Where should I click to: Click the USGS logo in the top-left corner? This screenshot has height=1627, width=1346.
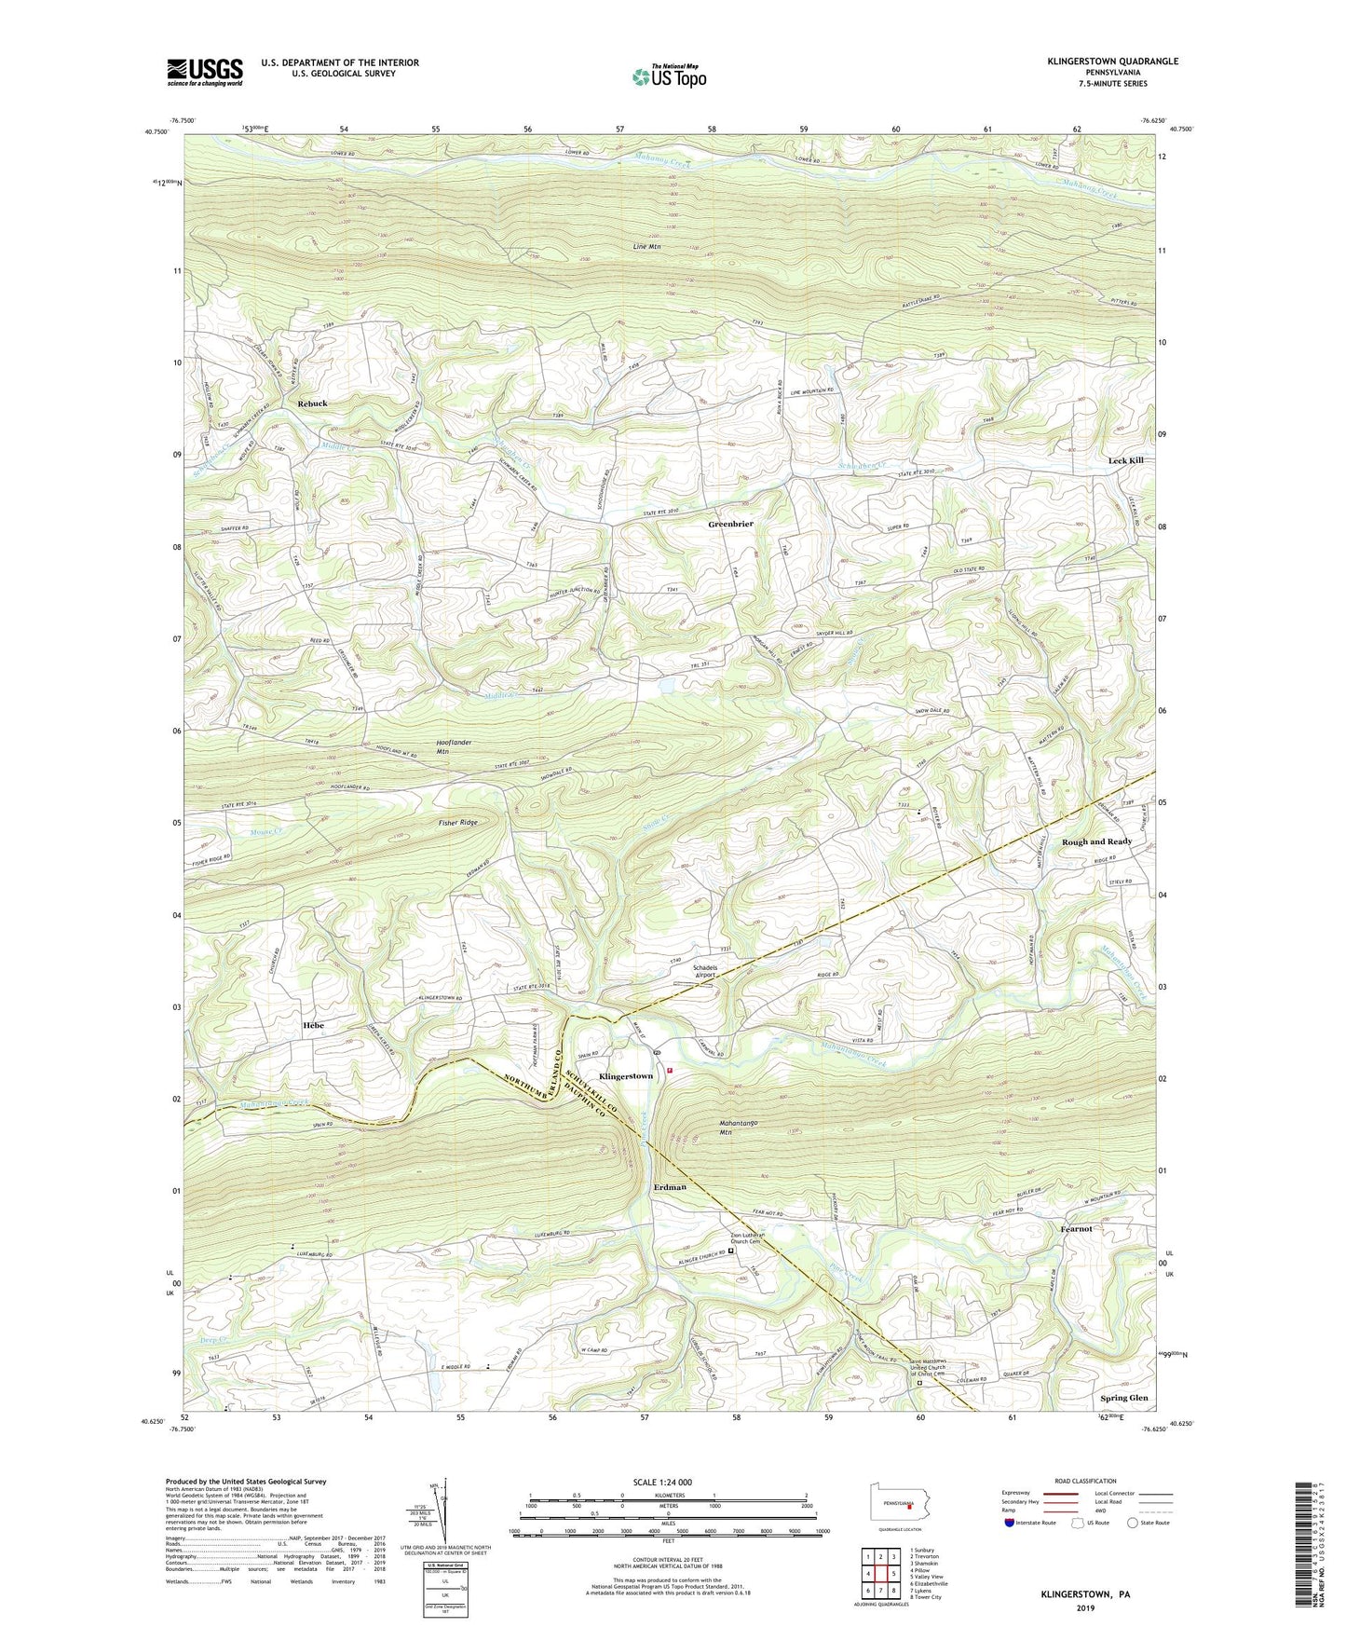(205, 72)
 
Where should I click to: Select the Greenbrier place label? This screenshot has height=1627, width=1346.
(730, 525)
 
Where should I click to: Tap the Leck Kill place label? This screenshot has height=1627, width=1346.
(1125, 460)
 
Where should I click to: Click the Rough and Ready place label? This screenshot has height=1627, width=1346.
(1096, 841)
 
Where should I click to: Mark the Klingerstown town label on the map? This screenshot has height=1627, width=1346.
(625, 1076)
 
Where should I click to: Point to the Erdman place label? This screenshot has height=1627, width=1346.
(670, 1187)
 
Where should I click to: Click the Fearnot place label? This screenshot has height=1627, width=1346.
(1076, 1229)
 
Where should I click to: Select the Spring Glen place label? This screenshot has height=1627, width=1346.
(1124, 1398)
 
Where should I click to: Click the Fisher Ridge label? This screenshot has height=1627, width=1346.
(457, 823)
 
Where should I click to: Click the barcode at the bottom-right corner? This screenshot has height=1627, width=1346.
(1305, 1547)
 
